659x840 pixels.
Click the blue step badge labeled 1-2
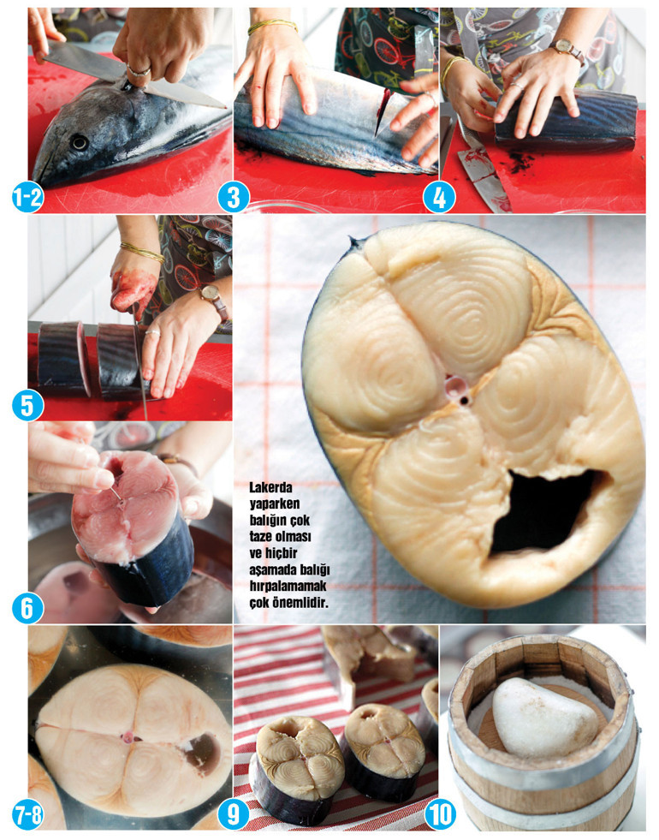[x=28, y=198]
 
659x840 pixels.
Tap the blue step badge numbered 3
[x=234, y=198]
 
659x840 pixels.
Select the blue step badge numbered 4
[x=439, y=198]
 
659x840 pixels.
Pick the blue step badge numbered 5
[x=28, y=406]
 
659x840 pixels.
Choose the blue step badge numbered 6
[x=28, y=608]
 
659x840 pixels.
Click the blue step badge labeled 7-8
[x=28, y=815]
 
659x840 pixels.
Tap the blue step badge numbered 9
[x=234, y=815]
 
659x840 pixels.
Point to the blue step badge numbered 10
[x=440, y=815]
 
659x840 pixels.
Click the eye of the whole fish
[x=80, y=142]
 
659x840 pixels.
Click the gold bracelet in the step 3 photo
[x=272, y=25]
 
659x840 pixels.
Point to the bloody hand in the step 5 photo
[x=133, y=287]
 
